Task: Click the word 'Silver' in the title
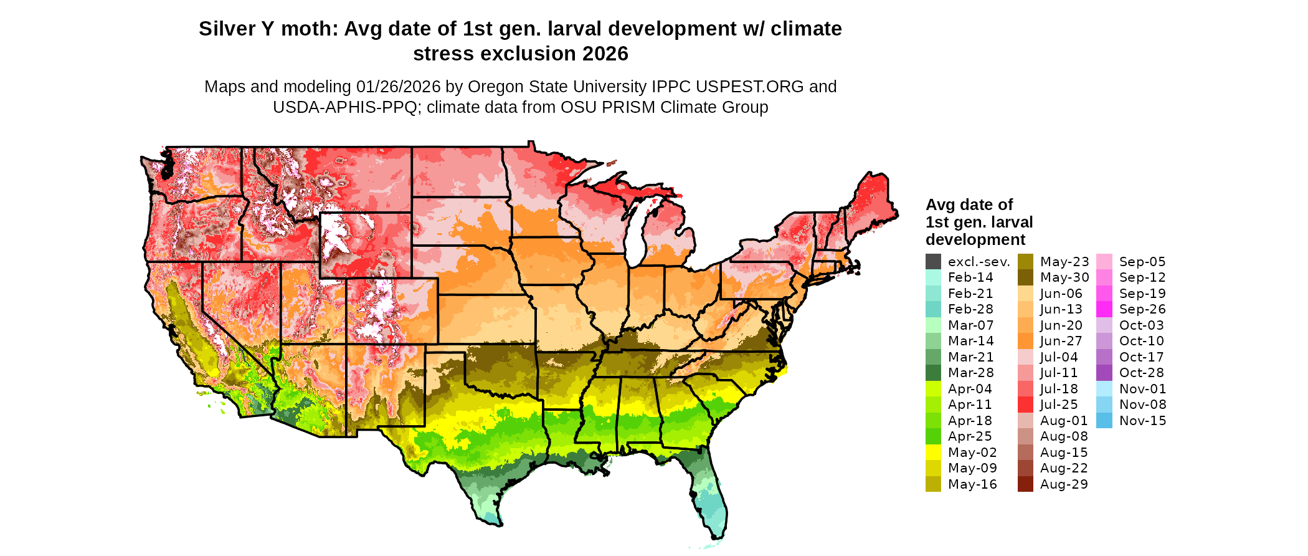(226, 29)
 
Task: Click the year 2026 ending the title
(605, 54)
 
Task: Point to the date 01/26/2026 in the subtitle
(398, 87)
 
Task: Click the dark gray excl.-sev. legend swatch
(933, 262)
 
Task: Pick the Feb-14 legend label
(970, 277)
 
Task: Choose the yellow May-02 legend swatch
(933, 453)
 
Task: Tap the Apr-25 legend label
(970, 436)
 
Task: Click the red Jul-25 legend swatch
(1025, 405)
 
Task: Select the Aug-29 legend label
(1064, 484)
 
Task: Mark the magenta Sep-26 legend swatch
(1104, 309)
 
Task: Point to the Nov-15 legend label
(1142, 421)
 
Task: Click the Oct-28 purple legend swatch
(1104, 373)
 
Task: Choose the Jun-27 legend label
(1061, 341)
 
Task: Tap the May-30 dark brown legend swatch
(1025, 277)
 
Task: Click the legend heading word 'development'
(975, 240)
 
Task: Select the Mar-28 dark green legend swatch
(933, 373)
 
